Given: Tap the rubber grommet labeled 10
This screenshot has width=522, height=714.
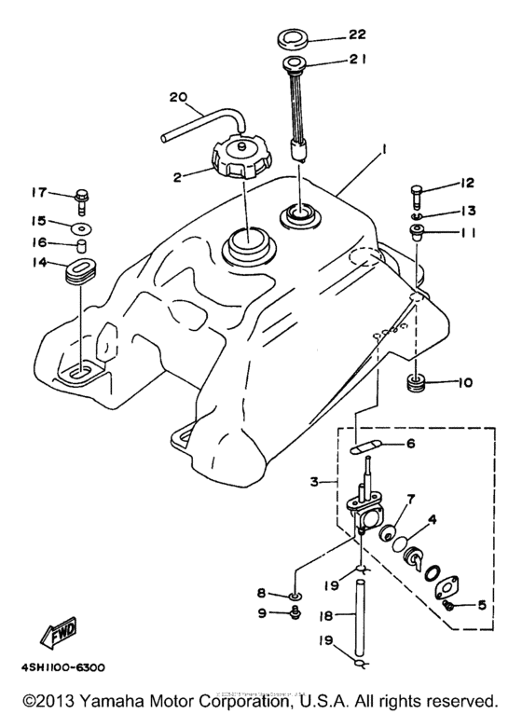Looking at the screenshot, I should pyautogui.click(x=417, y=382).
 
